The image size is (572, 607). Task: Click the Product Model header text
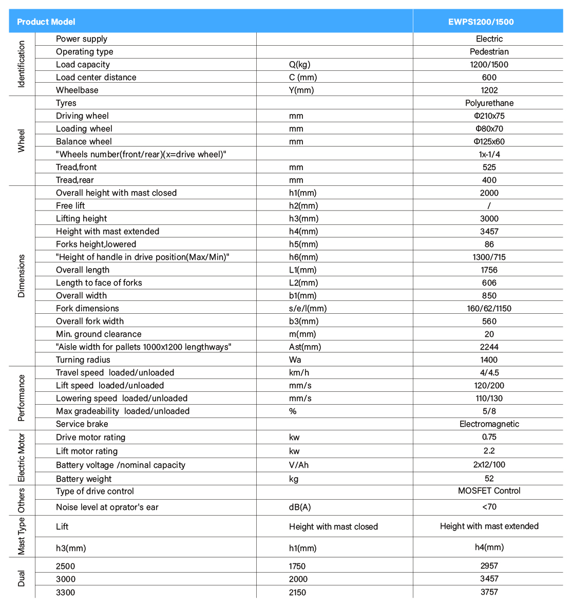coord(46,22)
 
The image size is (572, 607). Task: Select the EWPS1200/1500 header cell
coord(488,22)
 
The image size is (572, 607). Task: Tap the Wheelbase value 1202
coord(489,90)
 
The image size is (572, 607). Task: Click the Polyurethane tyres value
coord(489,103)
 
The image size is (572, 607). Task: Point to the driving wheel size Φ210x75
coord(489,116)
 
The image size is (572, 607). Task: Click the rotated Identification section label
coord(21,64)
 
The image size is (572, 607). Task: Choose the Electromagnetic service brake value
coord(489,424)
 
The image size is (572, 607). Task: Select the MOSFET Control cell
coord(489,490)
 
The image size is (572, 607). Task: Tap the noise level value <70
coord(489,506)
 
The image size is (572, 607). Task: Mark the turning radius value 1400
coord(489,359)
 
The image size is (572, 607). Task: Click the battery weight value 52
coord(489,478)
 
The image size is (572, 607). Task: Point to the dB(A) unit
coord(300,507)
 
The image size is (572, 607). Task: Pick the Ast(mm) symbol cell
coord(305,347)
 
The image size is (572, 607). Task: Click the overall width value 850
coord(489,295)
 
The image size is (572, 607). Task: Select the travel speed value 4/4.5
coord(489,372)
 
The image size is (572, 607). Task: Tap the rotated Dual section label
coord(21,578)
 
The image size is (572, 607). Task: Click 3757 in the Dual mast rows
coord(489,592)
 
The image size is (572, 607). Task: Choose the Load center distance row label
coord(96,77)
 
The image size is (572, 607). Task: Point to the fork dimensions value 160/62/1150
coord(489,308)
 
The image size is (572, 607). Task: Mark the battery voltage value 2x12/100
coord(489,464)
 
